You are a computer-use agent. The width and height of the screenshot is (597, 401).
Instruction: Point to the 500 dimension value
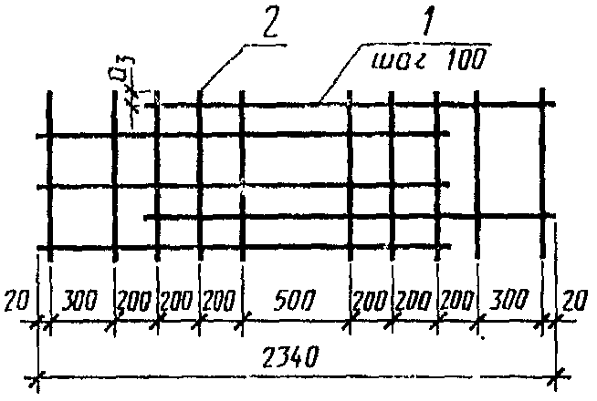coord(297,298)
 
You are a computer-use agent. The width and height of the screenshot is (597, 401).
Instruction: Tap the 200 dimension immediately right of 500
coord(372,298)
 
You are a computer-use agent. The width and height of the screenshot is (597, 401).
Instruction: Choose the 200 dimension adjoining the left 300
coord(135,298)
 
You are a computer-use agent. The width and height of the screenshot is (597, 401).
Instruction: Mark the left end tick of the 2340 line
coord(38,375)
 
